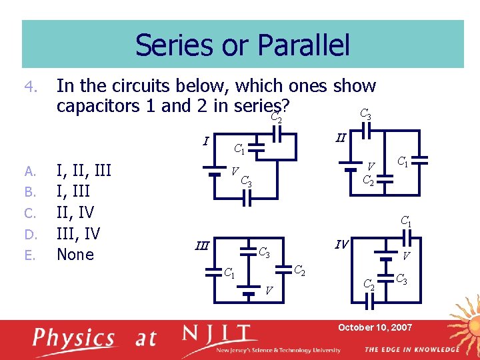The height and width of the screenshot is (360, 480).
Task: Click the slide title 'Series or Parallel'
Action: coord(242,45)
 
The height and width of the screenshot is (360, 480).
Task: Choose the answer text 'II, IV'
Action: coord(75,213)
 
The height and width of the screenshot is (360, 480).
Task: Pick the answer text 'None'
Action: coord(75,254)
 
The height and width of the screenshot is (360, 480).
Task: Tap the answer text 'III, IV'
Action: coord(79,233)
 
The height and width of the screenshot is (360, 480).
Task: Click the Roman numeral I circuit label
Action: coord(206,141)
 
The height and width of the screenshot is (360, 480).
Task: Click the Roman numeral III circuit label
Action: coord(201,245)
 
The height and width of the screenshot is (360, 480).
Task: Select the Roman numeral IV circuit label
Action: coord(341,244)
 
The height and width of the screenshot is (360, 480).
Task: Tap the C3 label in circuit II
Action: coord(365,114)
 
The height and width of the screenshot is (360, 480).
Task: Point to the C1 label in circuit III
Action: coord(228,272)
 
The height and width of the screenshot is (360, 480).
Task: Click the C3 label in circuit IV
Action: coord(403,279)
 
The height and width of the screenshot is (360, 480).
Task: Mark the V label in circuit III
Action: coord(269,290)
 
